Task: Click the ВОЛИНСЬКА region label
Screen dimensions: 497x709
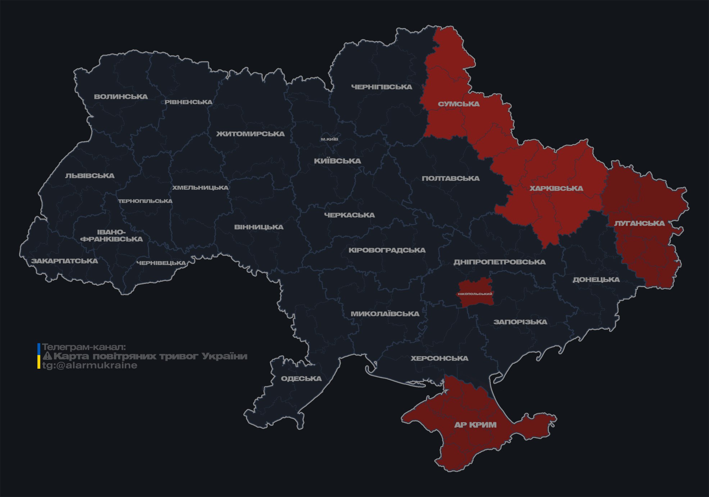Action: [121, 97]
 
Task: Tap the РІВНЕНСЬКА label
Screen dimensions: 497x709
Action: [188, 102]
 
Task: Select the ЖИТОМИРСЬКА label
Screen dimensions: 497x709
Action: [250, 134]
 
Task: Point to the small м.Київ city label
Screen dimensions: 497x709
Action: [329, 139]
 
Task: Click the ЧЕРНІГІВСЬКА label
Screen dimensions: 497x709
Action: [382, 87]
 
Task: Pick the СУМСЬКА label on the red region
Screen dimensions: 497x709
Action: [459, 104]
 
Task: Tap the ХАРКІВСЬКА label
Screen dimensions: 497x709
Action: [556, 188]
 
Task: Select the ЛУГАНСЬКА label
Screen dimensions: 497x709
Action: [639, 223]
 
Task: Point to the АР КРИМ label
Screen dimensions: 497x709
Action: [475, 425]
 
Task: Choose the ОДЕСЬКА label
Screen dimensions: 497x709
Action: [301, 379]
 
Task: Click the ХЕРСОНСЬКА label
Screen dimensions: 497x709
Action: [439, 358]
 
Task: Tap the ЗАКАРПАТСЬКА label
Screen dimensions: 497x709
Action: [64, 261]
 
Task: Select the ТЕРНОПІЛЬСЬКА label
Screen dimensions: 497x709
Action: [145, 201]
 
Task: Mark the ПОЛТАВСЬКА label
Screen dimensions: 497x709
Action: [450, 179]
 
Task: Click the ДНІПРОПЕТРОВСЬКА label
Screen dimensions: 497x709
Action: [499, 262]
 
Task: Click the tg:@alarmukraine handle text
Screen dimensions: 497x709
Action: [90, 365]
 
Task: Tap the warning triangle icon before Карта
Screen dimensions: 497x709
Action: [47, 356]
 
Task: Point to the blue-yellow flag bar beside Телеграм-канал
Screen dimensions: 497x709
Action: [39, 356]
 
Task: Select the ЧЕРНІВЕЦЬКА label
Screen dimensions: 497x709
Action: [161, 263]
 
